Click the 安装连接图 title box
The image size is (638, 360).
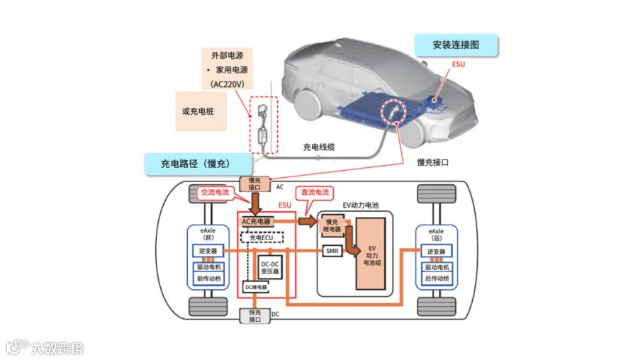456,45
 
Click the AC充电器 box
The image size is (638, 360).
257,221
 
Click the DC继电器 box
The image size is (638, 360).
256,287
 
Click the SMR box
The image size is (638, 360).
332,252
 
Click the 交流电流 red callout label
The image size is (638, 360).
215,192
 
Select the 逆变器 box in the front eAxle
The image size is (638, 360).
209,251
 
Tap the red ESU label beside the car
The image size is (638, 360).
459,64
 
